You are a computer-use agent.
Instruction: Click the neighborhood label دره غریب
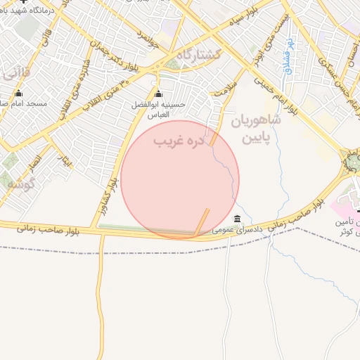[x=179, y=141]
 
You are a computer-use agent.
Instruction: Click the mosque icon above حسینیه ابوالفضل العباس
[x=158, y=94]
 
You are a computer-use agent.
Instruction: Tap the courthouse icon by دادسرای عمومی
[x=237, y=218]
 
